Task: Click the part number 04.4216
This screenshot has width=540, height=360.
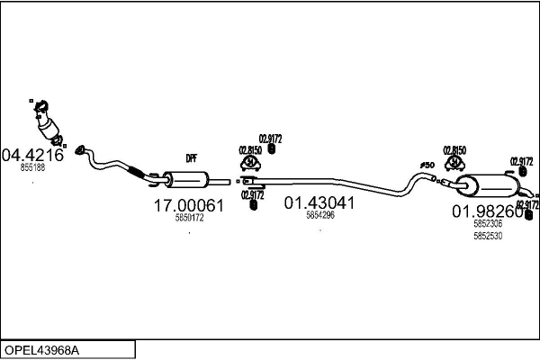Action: (x=33, y=154)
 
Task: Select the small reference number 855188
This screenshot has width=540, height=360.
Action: (x=33, y=167)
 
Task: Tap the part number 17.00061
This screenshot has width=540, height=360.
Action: (x=189, y=206)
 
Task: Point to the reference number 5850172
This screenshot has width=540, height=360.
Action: (x=189, y=218)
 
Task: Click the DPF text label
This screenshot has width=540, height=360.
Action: (x=191, y=158)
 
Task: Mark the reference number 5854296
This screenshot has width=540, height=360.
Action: (x=319, y=215)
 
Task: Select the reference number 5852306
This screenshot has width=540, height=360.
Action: (x=488, y=225)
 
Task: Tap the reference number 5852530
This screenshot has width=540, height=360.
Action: (x=488, y=236)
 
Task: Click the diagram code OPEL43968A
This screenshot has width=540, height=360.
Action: (x=41, y=349)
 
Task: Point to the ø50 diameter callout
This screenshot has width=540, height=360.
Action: (x=427, y=165)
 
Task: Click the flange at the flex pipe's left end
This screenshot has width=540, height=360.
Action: (x=80, y=149)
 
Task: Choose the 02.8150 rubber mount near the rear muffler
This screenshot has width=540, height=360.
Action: (x=454, y=163)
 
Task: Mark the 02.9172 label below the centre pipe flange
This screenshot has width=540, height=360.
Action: (x=253, y=193)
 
